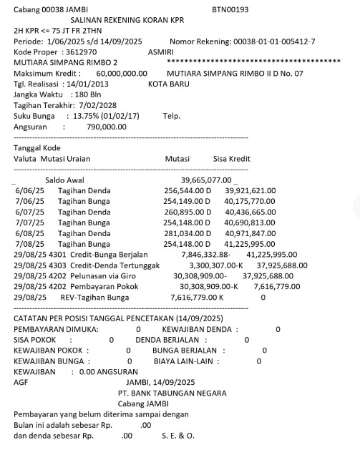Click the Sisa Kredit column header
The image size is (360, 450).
235,158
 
